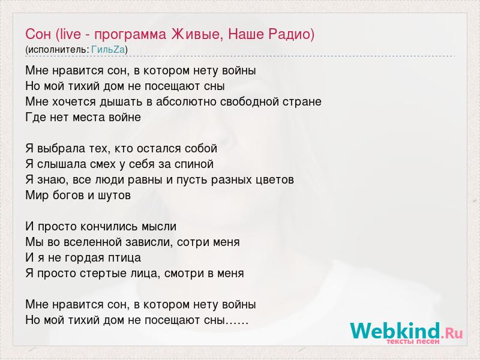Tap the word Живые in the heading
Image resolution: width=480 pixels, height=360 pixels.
click(x=197, y=34)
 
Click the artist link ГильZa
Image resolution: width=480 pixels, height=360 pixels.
click(x=108, y=49)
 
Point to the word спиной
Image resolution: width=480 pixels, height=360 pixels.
click(x=194, y=164)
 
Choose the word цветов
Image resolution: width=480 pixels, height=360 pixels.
click(x=274, y=179)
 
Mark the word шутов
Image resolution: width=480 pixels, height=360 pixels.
click(x=114, y=196)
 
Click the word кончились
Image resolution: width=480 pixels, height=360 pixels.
click(x=109, y=227)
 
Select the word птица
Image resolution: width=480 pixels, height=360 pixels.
click(x=124, y=258)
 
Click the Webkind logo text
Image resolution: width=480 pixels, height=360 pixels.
click(x=395, y=331)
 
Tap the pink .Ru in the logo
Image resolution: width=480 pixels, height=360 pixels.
click(x=452, y=333)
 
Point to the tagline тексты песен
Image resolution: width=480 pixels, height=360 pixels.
click(x=413, y=341)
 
